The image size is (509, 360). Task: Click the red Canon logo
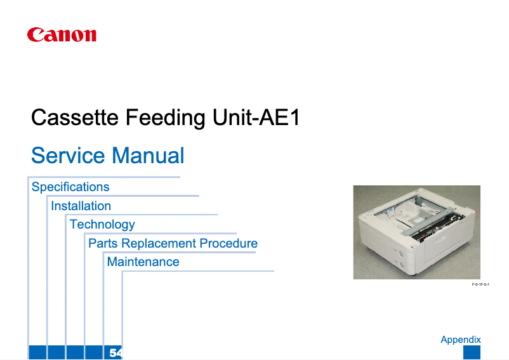(x=62, y=35)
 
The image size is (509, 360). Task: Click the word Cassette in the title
(x=75, y=117)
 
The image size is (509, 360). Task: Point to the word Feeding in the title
(x=165, y=118)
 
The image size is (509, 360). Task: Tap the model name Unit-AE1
(x=256, y=117)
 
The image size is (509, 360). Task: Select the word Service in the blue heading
(x=68, y=155)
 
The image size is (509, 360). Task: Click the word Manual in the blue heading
(x=148, y=155)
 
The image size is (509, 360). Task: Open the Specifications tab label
(x=70, y=187)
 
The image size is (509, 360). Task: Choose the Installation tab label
(x=81, y=206)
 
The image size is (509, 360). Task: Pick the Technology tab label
(x=102, y=225)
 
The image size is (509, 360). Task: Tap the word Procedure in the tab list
(x=228, y=243)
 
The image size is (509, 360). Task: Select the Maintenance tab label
(x=143, y=262)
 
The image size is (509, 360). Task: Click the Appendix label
(x=461, y=340)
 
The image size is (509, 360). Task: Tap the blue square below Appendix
(x=472, y=352)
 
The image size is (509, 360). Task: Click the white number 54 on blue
(x=116, y=353)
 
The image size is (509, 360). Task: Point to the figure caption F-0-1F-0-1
(x=480, y=284)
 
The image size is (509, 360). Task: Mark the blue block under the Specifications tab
(x=37, y=352)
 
